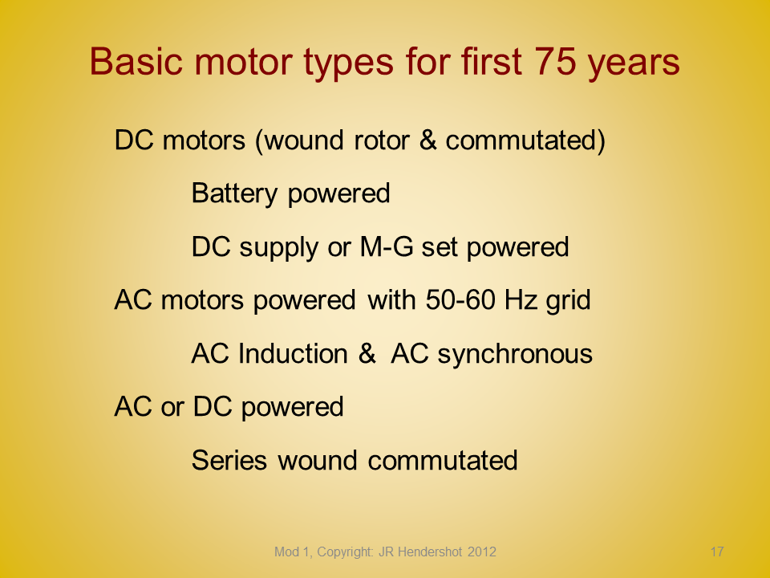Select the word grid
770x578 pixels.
(568, 301)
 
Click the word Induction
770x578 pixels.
(294, 353)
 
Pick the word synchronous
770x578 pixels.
(515, 354)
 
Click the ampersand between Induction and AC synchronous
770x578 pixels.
(367, 353)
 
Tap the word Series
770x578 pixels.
(229, 460)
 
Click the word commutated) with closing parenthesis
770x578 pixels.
(525, 141)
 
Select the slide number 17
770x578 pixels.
(717, 552)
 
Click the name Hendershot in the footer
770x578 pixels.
(430, 552)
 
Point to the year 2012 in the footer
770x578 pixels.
(482, 552)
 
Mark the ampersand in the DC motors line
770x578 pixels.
(428, 140)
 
